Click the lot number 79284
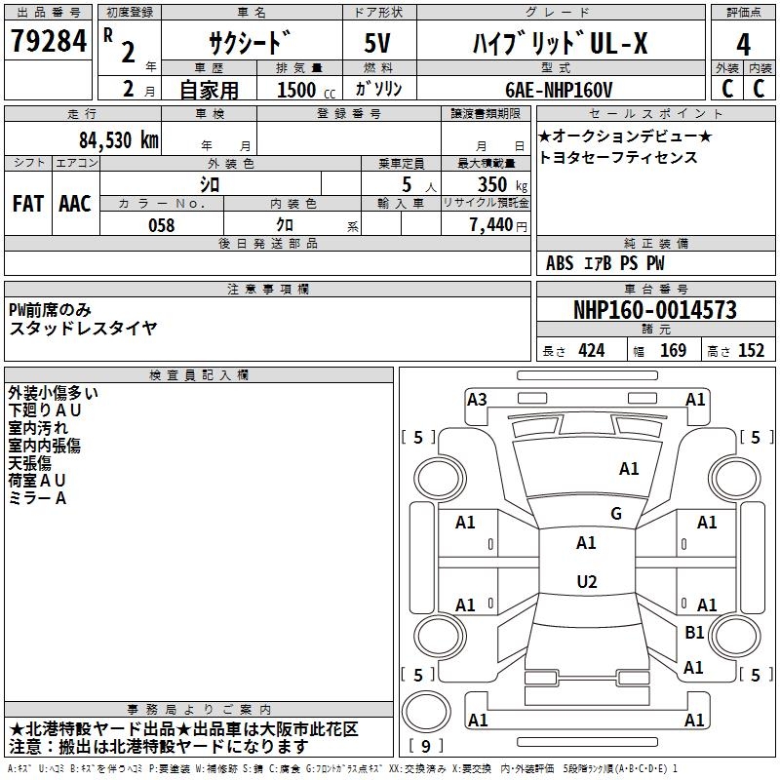tap(48, 42)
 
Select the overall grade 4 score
tap(743, 44)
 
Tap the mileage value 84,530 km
tap(118, 139)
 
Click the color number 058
tap(161, 225)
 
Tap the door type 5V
tap(378, 44)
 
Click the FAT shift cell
tap(28, 204)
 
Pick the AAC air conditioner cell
tap(75, 204)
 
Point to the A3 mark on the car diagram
tap(477, 399)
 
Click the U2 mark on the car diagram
tap(586, 582)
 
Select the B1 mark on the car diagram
tap(694, 633)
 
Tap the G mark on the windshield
tap(615, 514)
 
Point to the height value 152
tap(751, 351)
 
